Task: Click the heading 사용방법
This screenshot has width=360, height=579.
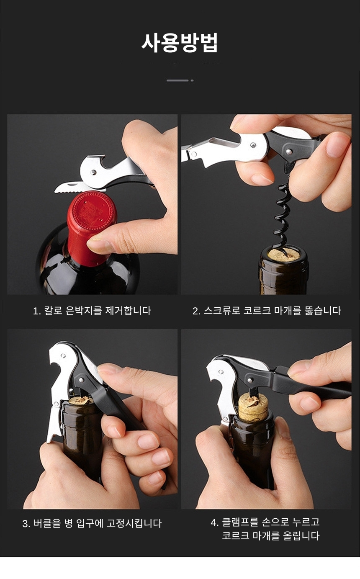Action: (180, 43)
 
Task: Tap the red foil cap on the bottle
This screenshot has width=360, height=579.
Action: (91, 227)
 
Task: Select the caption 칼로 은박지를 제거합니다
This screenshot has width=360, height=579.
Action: (98, 311)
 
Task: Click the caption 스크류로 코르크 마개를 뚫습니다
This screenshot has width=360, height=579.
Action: (273, 311)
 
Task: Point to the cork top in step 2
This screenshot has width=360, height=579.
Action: (284, 255)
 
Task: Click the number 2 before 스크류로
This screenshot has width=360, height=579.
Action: (195, 311)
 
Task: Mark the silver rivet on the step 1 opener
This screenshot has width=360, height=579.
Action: (93, 172)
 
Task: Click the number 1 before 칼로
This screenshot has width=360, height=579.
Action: (36, 311)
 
